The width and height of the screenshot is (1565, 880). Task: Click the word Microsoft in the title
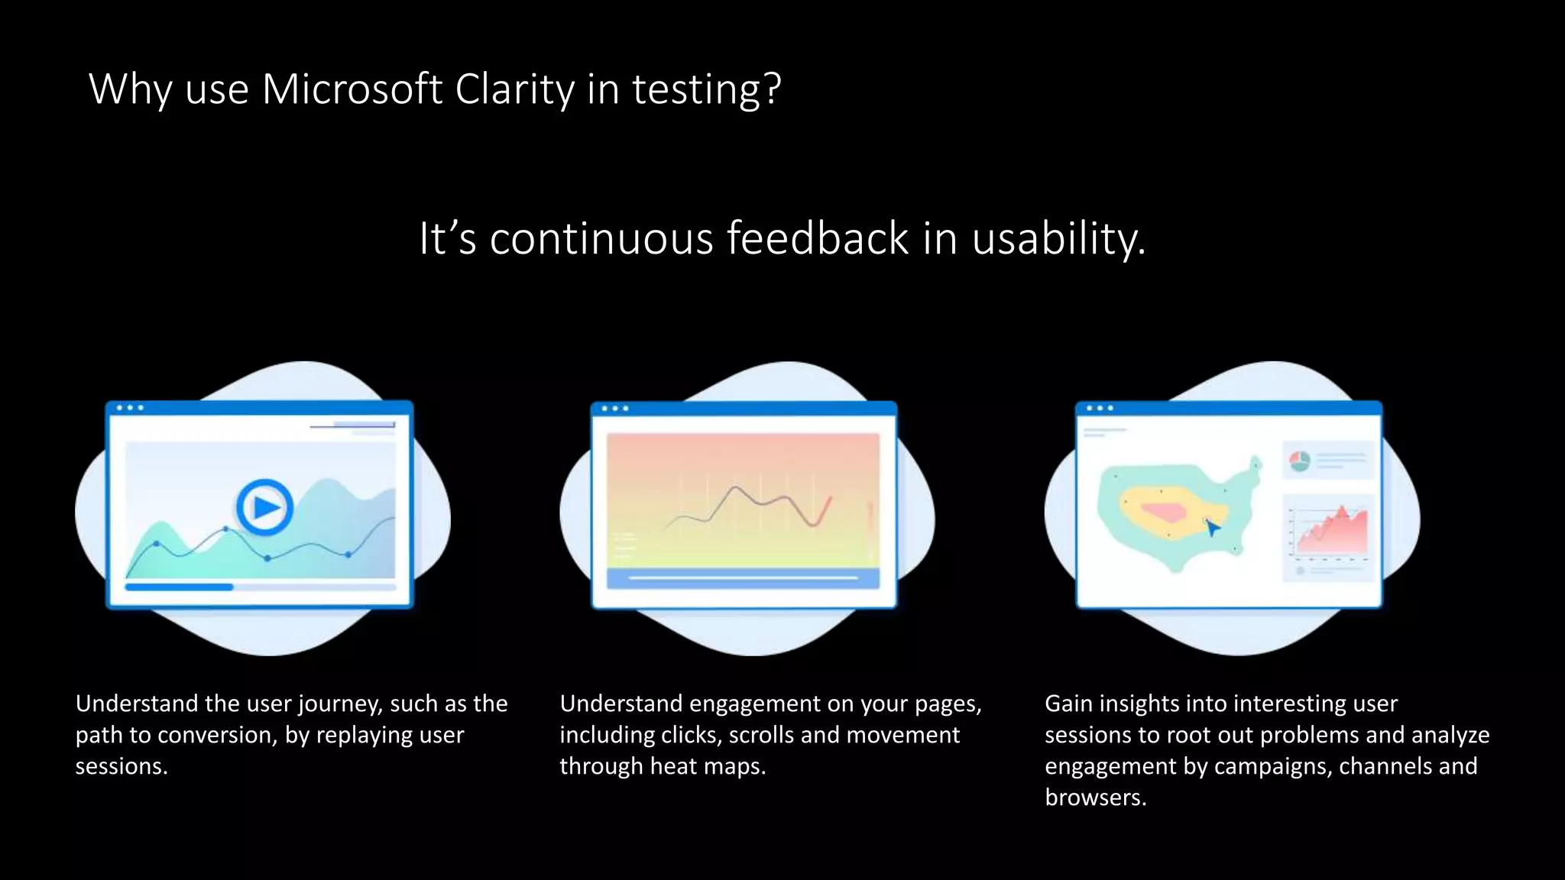coord(352,89)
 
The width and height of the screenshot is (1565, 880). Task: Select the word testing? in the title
coord(706,89)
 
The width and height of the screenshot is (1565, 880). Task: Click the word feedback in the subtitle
coord(817,238)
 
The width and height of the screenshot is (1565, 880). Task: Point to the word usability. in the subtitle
coord(1058,238)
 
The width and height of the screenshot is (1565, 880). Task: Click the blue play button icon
coord(264,506)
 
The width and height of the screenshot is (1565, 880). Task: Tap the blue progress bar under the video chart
coord(180,587)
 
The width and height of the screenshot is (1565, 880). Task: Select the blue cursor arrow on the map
coord(1211,527)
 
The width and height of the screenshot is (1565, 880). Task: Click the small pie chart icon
coord(1300,461)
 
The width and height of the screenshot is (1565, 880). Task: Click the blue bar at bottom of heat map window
coord(743,578)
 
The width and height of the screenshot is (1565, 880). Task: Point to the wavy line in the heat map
coord(749,504)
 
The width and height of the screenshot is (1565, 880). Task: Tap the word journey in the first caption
coord(340,704)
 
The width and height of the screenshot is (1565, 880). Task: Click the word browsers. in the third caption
coord(1095,797)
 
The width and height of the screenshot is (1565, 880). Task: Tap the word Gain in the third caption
coord(1068,704)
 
